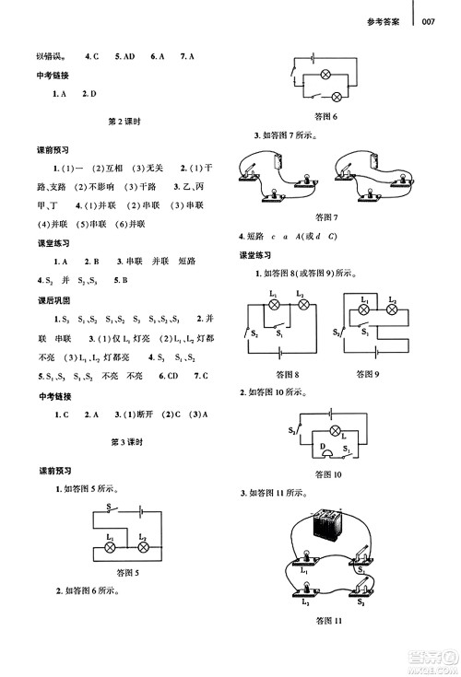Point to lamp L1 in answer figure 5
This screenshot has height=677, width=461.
(x=111, y=546)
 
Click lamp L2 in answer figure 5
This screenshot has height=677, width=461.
(x=143, y=546)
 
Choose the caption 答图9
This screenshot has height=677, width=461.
(x=370, y=374)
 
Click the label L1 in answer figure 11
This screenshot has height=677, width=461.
(x=301, y=573)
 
